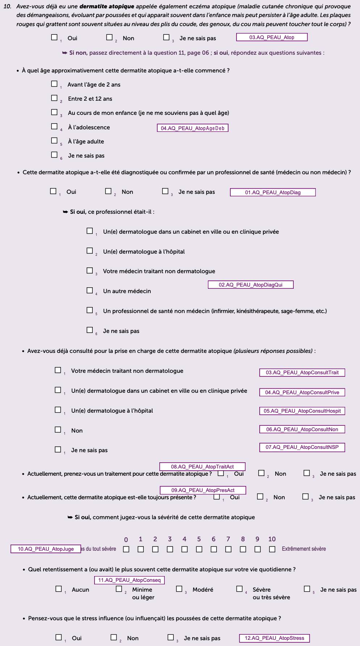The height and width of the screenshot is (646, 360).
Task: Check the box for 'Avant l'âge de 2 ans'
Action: coord(54,84)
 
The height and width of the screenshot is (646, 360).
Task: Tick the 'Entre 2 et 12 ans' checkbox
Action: coord(54,98)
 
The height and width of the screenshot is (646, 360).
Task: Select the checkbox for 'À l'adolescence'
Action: coord(54,126)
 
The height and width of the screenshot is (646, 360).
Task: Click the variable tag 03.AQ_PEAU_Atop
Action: coord(272,37)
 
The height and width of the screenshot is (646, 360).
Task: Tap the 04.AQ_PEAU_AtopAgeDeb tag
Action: coord(192,128)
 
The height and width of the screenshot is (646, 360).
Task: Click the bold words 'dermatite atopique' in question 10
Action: coord(107,7)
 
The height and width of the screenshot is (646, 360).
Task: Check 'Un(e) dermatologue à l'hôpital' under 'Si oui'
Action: coord(90,251)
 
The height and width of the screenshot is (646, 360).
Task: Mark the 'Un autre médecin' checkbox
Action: coord(90,290)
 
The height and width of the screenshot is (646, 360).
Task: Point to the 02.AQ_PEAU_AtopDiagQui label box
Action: coord(251,285)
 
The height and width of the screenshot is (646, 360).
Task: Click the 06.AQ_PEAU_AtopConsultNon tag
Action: coord(302,429)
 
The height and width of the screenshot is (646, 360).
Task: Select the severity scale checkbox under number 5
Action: coord(199,549)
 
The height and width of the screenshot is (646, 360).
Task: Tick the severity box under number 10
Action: coord(272,549)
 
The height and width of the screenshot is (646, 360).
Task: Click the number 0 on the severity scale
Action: coord(126,539)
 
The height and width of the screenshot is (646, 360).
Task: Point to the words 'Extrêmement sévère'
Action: coord(304,549)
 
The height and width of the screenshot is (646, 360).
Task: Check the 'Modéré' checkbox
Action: coord(179,589)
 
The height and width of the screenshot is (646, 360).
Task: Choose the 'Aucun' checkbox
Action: coord(59,589)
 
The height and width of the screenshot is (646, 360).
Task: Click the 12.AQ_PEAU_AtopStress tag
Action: coord(275,638)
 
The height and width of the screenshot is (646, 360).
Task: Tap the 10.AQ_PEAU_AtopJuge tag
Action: coord(46,549)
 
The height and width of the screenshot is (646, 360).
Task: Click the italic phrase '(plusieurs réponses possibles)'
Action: coord(273,351)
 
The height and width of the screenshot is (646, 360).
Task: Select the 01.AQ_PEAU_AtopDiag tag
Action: coord(273,192)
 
